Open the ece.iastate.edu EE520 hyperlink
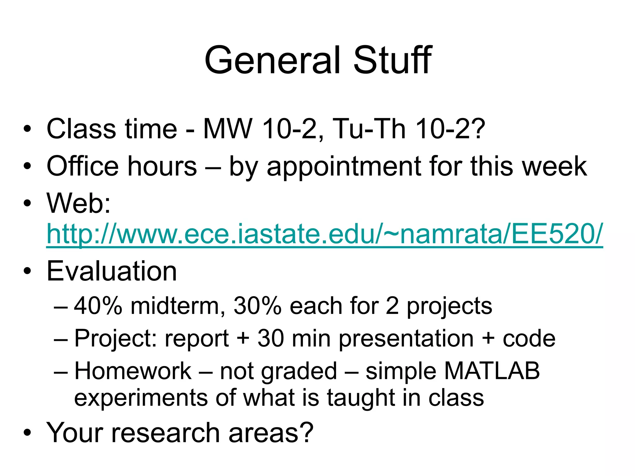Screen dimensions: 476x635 [x=324, y=234]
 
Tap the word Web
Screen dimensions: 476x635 [x=78, y=203]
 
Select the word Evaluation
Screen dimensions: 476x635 [x=112, y=271]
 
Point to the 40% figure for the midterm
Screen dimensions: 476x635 [x=98, y=306]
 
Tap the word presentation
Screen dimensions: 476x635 [x=406, y=339]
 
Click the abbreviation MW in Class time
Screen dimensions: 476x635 [x=228, y=129]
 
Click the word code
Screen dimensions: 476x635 [x=529, y=339]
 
